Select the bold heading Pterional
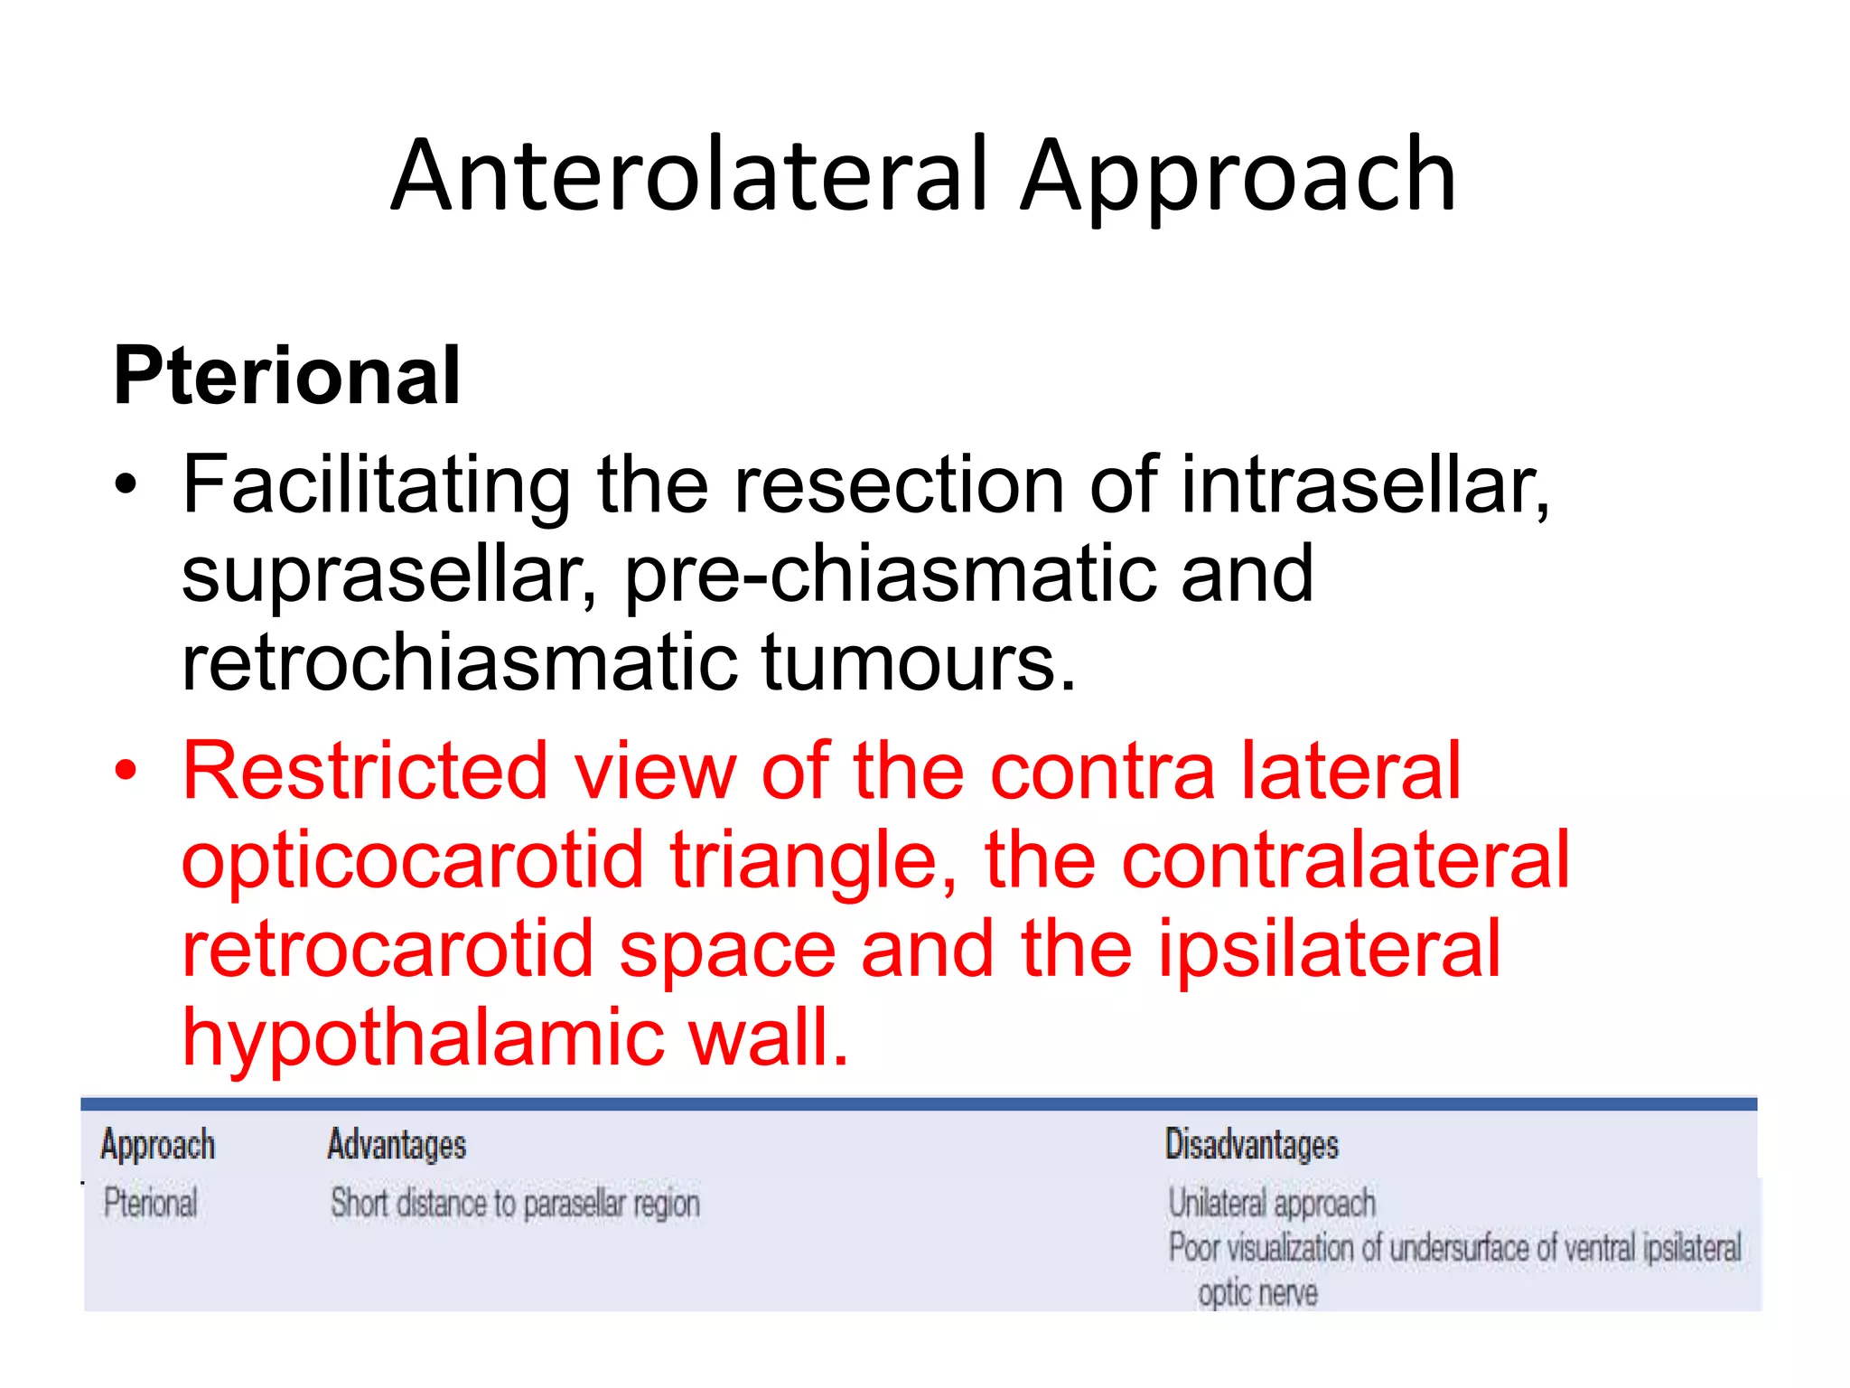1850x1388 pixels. click(286, 376)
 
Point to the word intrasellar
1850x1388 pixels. click(1364, 486)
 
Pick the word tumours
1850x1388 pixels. click(919, 662)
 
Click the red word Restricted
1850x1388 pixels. click(365, 771)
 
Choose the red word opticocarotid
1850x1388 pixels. click(412, 860)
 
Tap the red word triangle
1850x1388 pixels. click(812, 860)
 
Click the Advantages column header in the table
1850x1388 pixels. click(397, 1145)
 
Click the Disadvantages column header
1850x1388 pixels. click(1251, 1145)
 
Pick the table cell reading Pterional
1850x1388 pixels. click(150, 1204)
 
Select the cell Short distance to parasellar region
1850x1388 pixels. click(515, 1204)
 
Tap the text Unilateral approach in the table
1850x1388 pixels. click(1271, 1204)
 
